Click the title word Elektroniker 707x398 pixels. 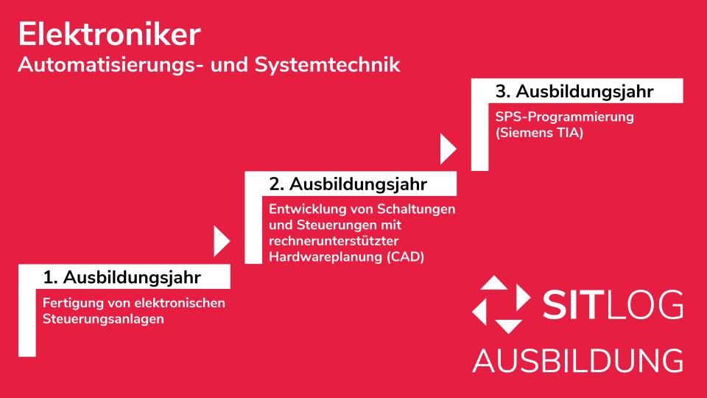pos(108,34)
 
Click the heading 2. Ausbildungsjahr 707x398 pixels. pos(348,183)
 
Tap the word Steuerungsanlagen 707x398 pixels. pos(102,319)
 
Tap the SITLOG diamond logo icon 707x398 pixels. pos(500,304)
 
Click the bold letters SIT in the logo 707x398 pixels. pos(571,306)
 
